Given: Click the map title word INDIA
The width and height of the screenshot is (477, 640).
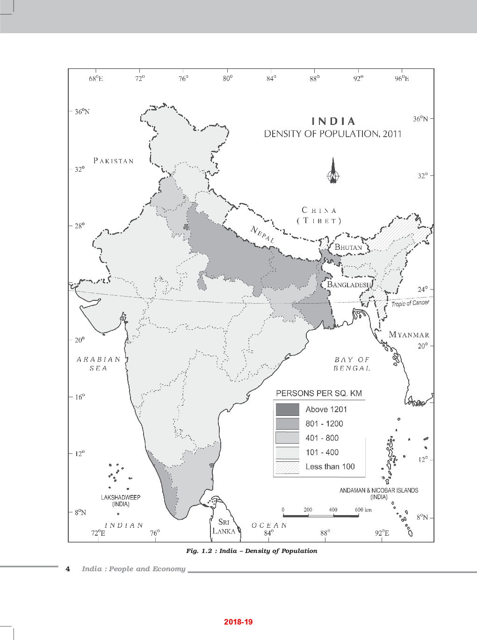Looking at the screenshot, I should pyautogui.click(x=333, y=121).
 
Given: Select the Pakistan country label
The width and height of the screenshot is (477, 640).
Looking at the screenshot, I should pyautogui.click(x=114, y=161).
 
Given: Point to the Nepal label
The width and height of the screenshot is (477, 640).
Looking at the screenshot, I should pyautogui.click(x=262, y=234).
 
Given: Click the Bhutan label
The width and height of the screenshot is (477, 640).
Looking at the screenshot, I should pyautogui.click(x=348, y=247).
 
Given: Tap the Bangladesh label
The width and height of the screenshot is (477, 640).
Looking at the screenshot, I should pyautogui.click(x=349, y=284).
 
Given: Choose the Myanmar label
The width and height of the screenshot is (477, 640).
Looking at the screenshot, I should pyautogui.click(x=409, y=335).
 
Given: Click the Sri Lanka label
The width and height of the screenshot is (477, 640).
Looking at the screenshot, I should pyautogui.click(x=224, y=526).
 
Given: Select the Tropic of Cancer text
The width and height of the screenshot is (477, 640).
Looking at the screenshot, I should pyautogui.click(x=410, y=303).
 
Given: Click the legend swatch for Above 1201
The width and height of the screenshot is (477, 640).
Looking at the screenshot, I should pyautogui.click(x=287, y=409).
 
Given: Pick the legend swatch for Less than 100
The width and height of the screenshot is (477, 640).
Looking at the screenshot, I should pyautogui.click(x=287, y=467).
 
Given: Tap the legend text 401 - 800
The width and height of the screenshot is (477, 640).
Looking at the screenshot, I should pyautogui.click(x=322, y=438).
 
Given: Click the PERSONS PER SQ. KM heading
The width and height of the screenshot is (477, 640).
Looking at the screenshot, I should pyautogui.click(x=319, y=393).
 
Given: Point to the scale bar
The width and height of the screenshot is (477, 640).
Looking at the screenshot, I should pyautogui.click(x=321, y=515).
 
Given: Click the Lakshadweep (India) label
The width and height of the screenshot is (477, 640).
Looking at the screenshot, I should pyautogui.click(x=121, y=501).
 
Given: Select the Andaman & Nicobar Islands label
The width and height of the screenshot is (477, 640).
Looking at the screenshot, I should pyautogui.click(x=379, y=494).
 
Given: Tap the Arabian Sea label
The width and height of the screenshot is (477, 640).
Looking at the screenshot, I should pyautogui.click(x=99, y=364).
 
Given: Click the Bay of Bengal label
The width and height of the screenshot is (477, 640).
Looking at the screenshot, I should pyautogui.click(x=352, y=364).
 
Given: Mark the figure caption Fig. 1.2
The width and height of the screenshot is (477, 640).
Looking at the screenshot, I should pyautogui.click(x=252, y=551).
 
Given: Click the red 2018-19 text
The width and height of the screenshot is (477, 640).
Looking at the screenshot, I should pyautogui.click(x=238, y=622).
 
